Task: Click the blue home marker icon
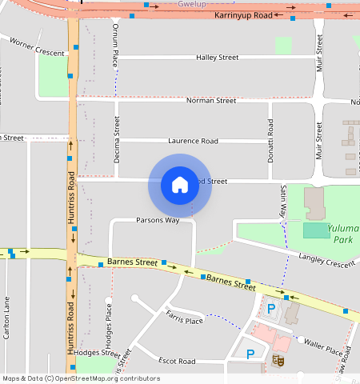point(180,185)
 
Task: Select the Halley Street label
point(217,58)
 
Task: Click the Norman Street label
point(210,101)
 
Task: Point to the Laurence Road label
point(192,141)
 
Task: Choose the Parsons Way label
point(157,220)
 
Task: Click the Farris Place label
point(185,321)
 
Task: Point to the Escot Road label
point(177,361)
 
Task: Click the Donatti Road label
point(270,142)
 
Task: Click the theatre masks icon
point(279,361)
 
